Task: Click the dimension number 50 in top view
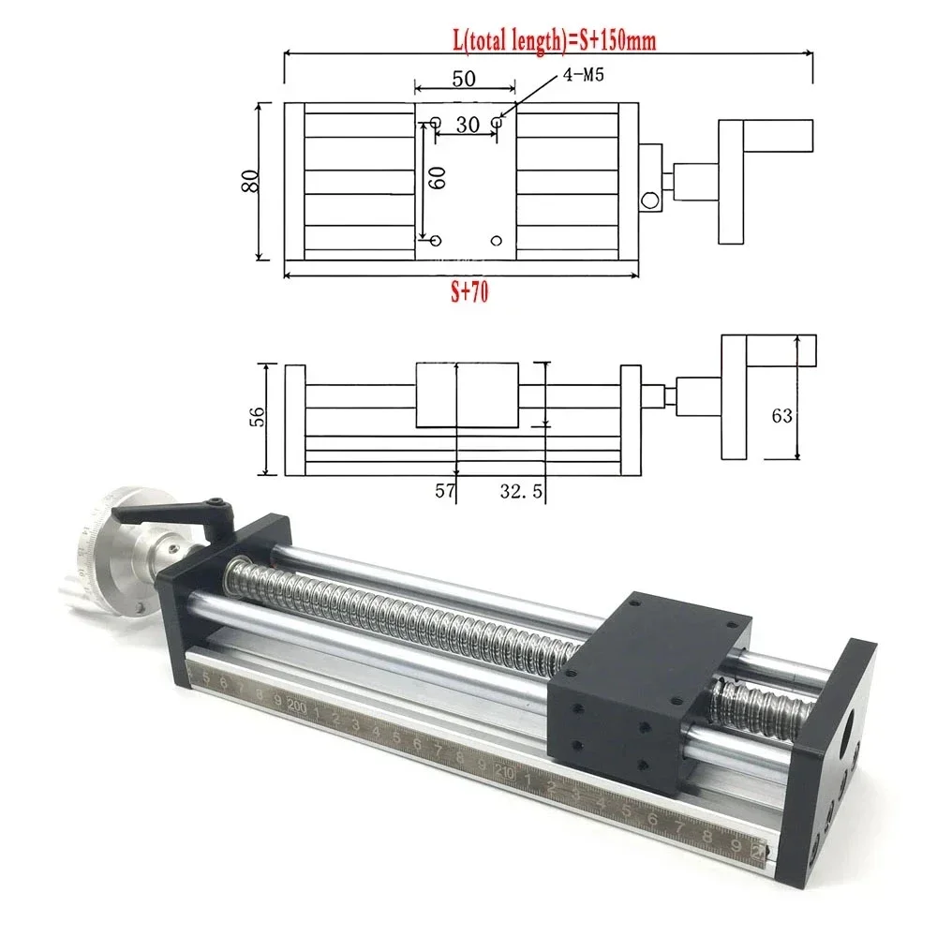tap(464, 79)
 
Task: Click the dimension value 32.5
tap(518, 490)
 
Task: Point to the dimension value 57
tap(444, 490)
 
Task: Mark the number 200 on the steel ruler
tap(299, 706)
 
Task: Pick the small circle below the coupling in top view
tap(647, 201)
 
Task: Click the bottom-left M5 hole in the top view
tap(435, 241)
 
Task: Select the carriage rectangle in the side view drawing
tap(465, 394)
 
